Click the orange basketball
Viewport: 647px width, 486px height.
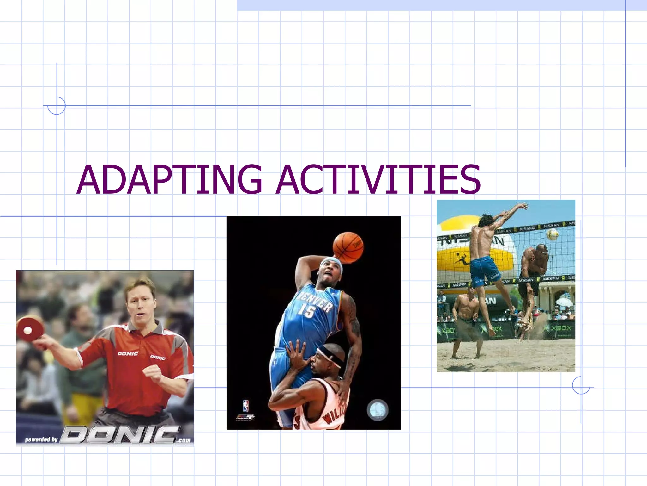348,248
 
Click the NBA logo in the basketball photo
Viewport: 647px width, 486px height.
245,406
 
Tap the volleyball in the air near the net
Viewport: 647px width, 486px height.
553,234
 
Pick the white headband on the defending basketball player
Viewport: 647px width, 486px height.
330,356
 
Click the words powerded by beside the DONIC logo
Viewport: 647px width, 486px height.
41,439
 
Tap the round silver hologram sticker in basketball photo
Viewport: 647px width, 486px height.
377,410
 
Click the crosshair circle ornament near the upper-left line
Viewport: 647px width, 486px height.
57,106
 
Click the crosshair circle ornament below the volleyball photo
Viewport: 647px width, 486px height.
581,385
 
